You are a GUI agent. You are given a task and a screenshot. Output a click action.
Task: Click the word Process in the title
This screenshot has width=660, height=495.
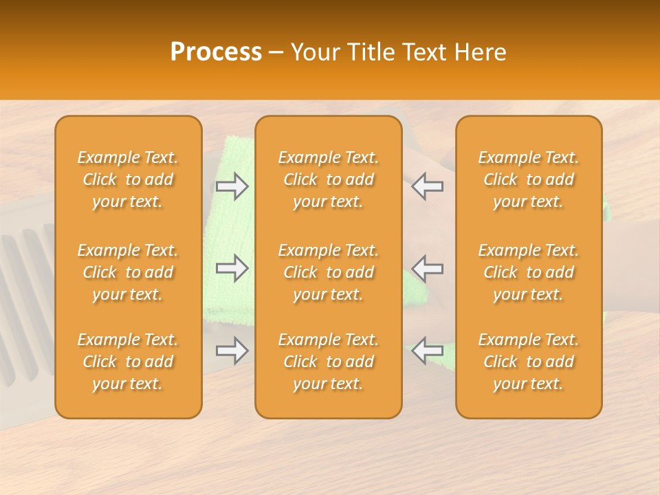pos(216,52)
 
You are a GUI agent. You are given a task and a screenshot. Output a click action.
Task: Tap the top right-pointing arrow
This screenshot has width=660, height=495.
pos(232,186)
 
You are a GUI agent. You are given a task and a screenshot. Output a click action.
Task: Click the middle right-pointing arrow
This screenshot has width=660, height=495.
pos(232,268)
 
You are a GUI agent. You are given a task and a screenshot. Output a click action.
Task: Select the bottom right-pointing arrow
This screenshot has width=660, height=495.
pos(232,351)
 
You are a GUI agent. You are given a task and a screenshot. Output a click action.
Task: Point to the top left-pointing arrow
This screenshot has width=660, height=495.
pos(428,186)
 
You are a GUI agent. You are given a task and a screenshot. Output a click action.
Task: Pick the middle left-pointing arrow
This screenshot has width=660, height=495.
pos(428,268)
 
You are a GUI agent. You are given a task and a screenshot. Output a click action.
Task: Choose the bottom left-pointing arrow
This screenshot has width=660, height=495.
pos(428,351)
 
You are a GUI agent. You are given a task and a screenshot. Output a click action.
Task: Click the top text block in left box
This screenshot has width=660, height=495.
pos(128,179)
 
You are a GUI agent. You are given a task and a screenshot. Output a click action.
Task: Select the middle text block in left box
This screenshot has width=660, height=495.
pos(128,272)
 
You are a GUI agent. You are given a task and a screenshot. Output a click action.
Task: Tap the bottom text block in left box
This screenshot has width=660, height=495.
pos(128,362)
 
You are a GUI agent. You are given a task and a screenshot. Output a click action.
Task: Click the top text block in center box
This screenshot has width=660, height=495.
pos(328,179)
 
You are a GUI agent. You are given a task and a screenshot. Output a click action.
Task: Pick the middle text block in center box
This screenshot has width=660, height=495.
pos(328,272)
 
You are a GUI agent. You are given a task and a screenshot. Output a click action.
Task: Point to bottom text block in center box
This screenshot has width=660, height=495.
pos(328,362)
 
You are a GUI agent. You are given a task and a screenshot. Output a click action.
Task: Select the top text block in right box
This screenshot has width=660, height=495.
pos(529,179)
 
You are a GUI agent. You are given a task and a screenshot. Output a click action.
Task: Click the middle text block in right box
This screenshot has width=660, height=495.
pos(529,272)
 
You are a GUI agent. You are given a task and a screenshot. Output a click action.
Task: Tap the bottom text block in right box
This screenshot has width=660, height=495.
pos(529,362)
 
